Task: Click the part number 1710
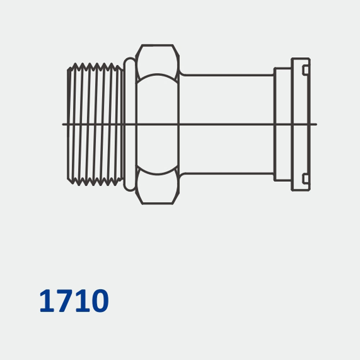(x=74, y=301)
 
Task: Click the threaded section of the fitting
(x=95, y=124)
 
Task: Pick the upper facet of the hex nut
(x=157, y=59)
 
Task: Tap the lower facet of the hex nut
(x=157, y=189)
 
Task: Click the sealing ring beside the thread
(x=130, y=124)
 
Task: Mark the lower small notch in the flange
(x=305, y=179)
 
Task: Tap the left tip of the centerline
(x=63, y=124)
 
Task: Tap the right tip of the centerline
(x=316, y=124)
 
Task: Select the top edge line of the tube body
(x=227, y=75)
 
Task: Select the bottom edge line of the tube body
(x=227, y=174)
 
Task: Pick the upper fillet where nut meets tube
(x=181, y=73)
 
